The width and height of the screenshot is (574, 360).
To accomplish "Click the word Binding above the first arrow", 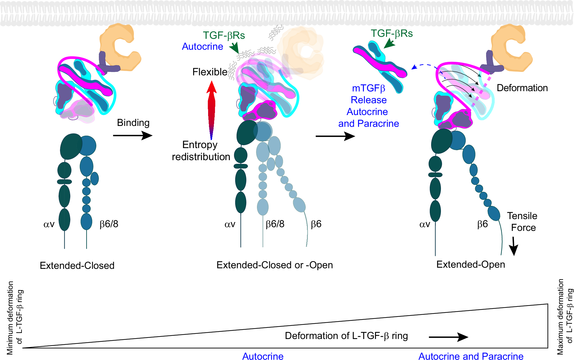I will point(133,123).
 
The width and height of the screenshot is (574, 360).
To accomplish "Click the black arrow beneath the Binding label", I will point(133,135).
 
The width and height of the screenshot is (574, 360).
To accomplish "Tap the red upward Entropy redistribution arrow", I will point(212,109).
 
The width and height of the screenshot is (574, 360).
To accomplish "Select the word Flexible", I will point(210,72).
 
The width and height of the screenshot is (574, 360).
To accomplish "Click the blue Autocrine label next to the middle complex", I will point(202,47).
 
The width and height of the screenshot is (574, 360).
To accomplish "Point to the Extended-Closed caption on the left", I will point(77,265).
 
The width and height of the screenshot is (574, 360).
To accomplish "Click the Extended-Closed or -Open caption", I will point(274,265).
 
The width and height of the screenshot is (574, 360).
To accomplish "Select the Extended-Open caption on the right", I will point(471,264).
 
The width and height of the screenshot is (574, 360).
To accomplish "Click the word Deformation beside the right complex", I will point(522,88).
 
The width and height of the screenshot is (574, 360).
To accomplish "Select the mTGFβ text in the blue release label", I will point(368,88).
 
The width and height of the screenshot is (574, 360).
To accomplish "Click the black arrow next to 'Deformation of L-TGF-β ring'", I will point(448,337).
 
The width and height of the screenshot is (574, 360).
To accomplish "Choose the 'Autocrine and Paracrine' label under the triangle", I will point(471,356).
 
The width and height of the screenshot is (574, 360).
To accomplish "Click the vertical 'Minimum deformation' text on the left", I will point(14,318).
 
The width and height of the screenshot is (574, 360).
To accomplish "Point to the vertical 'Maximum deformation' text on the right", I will point(565,316).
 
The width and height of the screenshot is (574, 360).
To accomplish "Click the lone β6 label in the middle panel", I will point(316,224).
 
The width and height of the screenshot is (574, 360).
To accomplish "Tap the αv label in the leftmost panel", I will point(49,224).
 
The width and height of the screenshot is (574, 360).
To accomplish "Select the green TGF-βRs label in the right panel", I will point(391,34).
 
